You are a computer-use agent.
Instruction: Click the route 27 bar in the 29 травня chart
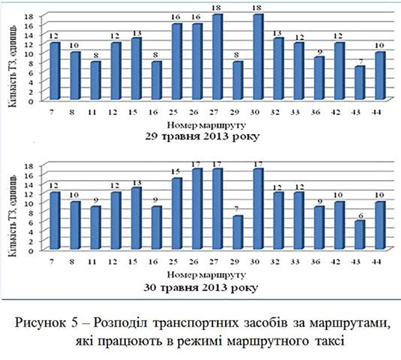[x=218, y=57]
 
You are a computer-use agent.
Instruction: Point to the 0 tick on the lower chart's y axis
[x=38, y=251]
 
